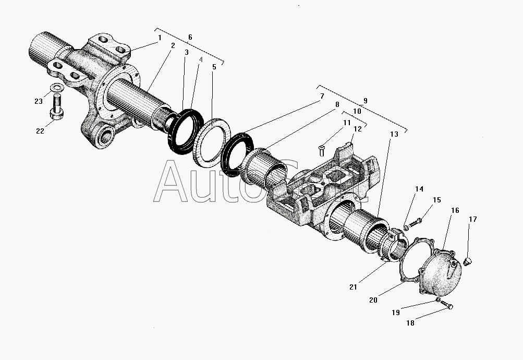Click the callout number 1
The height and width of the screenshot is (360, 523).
(x=160, y=38)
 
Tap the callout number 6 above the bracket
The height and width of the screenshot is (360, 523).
(x=190, y=37)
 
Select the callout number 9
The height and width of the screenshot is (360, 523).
(x=365, y=100)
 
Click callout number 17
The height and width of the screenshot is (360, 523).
(x=472, y=219)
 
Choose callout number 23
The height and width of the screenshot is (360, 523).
(x=39, y=101)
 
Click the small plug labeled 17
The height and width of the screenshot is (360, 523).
(x=467, y=259)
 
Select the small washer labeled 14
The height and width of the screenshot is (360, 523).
(x=406, y=227)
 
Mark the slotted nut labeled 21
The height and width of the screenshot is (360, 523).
(x=395, y=245)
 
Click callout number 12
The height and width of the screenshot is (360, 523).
(x=357, y=129)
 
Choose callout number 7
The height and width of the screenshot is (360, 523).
(x=322, y=96)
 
